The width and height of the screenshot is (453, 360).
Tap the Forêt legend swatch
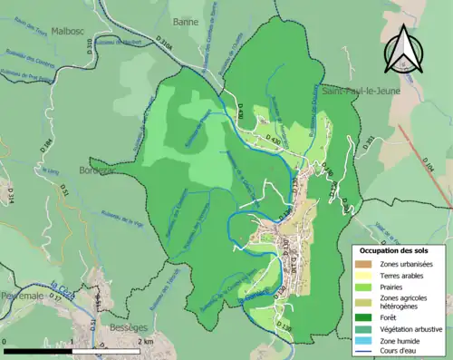click(x=362, y=317)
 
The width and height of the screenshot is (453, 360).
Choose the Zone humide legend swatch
click(x=362, y=340)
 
